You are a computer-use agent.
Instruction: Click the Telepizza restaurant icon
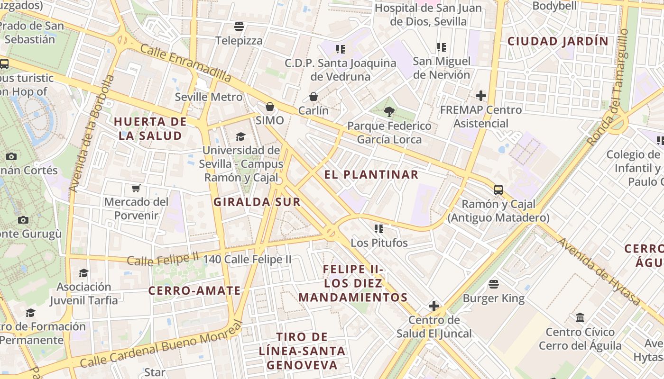239,26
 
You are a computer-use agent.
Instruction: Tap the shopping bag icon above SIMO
270,107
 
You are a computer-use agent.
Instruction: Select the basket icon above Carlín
314,97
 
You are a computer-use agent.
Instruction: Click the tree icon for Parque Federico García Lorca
389,112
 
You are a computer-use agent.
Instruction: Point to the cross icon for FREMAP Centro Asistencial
481,96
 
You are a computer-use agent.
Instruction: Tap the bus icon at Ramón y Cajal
498,190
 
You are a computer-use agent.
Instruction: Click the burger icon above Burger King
494,284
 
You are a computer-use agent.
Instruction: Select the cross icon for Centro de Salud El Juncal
434,306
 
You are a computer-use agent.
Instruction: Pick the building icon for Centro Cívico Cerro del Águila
580,317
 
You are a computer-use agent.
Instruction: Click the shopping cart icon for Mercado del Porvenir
136,188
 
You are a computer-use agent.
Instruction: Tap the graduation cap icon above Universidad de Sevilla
240,137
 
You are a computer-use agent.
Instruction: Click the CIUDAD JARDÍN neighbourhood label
558,41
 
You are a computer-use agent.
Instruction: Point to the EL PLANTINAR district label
371,174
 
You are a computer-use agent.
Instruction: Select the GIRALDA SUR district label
257,202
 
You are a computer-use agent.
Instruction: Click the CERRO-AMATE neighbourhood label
194,290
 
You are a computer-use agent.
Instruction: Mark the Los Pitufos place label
379,243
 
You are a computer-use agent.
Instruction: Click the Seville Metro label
209,97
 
